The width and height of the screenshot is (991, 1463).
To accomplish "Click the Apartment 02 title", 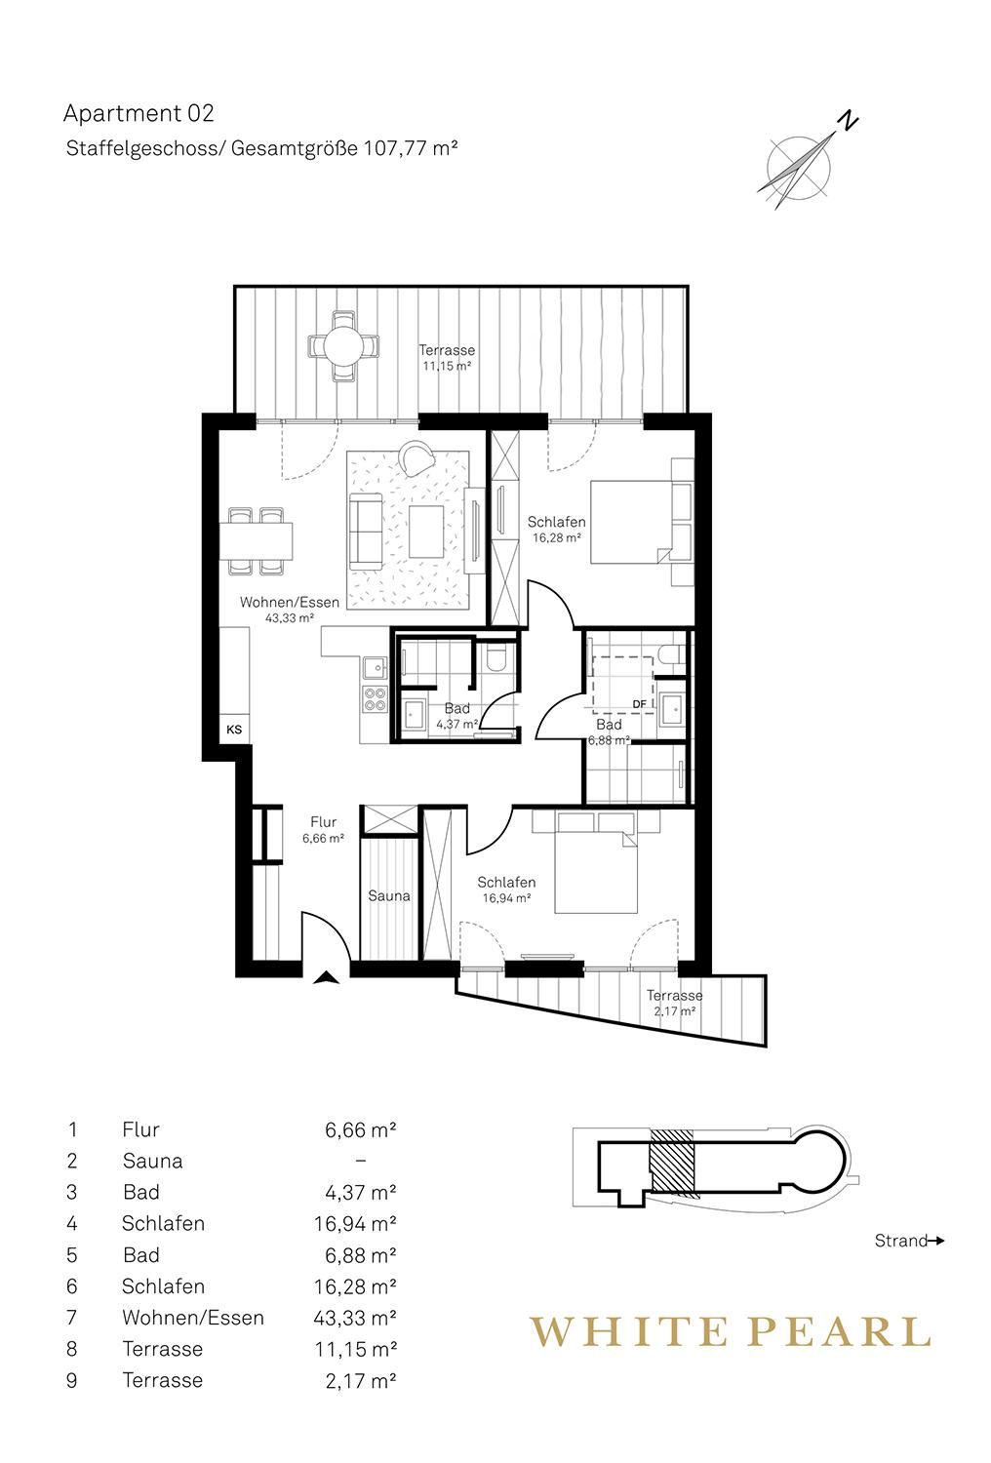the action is coord(139,114).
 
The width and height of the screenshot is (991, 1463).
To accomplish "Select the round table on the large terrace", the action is coord(343,345).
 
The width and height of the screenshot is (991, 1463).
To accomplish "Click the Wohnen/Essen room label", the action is coord(290,602).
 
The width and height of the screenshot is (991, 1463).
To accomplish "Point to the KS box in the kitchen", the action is coord(234,730).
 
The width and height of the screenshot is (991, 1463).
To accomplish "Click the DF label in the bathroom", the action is coord(639,704).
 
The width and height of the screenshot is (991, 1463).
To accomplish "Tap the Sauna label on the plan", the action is coord(388,896).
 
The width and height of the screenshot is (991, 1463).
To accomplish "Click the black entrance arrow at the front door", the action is coord(326,977).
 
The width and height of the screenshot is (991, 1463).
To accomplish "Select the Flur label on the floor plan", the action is coord(324,822).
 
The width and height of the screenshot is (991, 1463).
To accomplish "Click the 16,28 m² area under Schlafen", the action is coord(557,538).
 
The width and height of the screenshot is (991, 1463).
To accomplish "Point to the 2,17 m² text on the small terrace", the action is coord(674,1011).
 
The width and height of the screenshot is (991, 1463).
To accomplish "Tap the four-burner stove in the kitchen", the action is coord(375,699).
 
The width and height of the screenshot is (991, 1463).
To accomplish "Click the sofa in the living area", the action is coord(366,531).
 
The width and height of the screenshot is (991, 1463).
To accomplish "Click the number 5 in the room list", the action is coord(72,1255).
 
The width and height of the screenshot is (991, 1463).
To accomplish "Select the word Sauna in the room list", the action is coord(153,1161).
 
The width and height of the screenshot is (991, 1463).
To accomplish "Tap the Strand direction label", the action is coord(901,1241).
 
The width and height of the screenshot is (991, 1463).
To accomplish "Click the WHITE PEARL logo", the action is coord(730,1331).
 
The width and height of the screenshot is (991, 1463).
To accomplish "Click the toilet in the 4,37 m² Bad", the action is coord(495,659).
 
